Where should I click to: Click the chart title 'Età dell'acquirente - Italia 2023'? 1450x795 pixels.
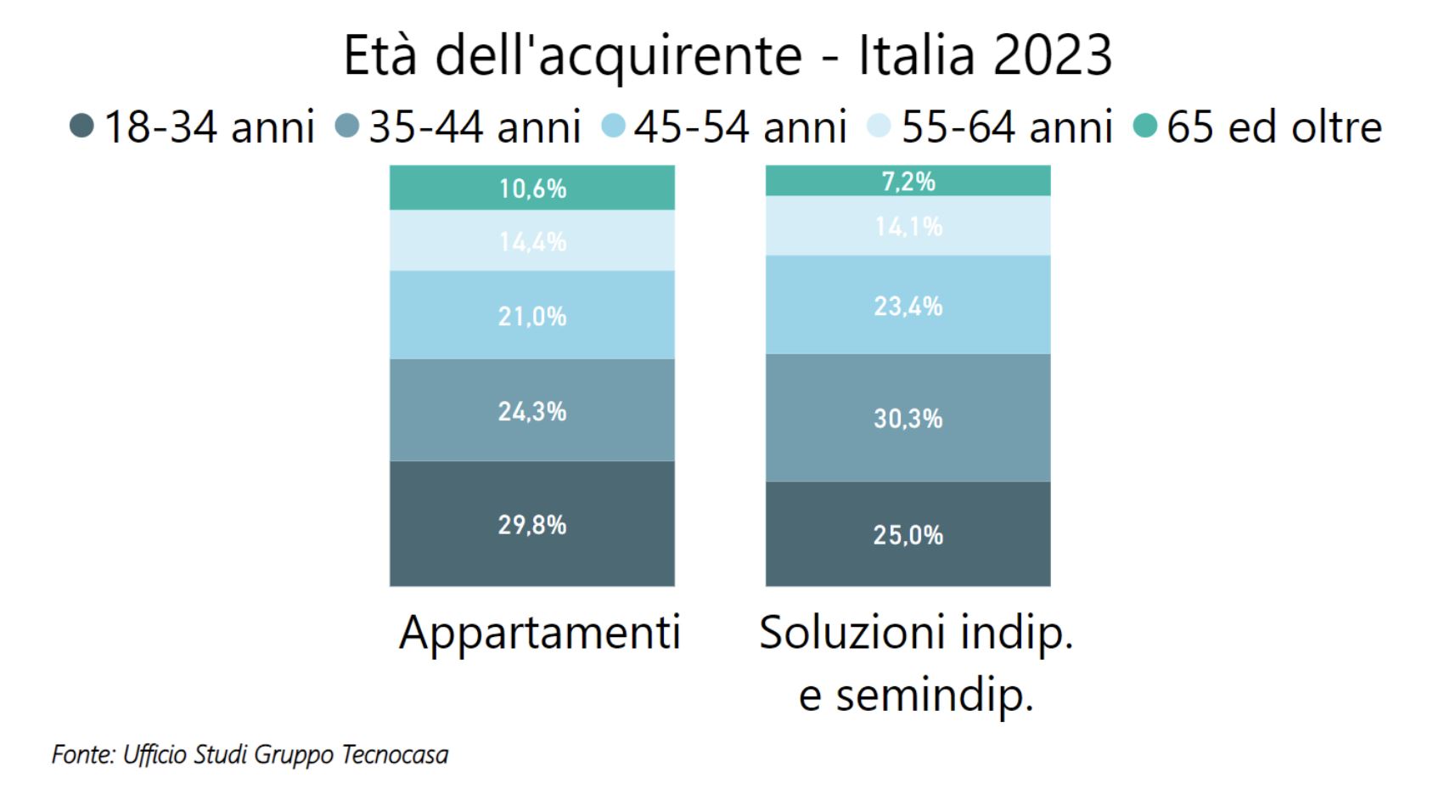(727, 56)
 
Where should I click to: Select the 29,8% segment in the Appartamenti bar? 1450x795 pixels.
(532, 524)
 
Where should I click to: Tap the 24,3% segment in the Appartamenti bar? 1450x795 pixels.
(532, 411)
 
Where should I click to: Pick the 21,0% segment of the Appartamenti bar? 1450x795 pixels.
(532, 316)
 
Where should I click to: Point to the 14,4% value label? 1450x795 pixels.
(532, 242)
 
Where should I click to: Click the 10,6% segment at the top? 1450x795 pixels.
(532, 188)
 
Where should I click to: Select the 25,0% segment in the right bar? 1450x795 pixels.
(908, 534)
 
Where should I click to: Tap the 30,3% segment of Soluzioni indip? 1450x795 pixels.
(908, 418)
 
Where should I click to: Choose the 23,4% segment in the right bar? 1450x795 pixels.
(908, 306)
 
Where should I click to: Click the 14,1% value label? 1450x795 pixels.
(908, 227)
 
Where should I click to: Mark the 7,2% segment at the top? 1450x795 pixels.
(908, 181)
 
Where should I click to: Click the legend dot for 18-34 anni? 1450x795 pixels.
(81, 127)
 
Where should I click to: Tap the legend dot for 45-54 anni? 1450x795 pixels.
(613, 127)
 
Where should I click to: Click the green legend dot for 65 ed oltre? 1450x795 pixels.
(1145, 127)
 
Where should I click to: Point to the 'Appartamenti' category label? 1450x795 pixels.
(540, 633)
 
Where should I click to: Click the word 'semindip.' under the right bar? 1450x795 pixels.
(934, 695)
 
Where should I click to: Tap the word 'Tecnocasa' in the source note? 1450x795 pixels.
(395, 754)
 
